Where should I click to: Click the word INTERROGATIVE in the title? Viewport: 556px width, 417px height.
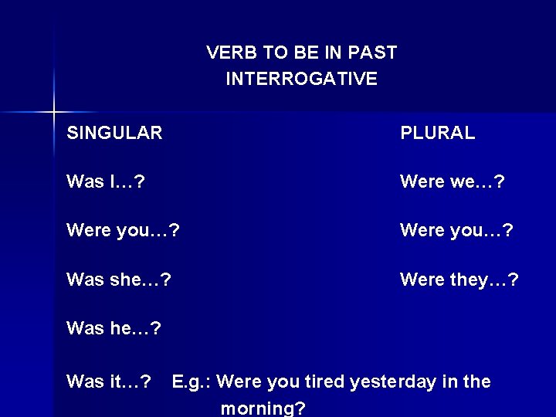pos(301,79)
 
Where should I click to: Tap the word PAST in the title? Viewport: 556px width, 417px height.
pos(371,53)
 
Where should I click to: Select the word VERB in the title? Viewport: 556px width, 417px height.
pos(230,53)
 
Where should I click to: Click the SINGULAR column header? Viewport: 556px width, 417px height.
pos(114,134)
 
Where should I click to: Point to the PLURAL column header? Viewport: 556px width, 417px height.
pos(437,134)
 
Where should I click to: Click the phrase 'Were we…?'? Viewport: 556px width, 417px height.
pos(453,182)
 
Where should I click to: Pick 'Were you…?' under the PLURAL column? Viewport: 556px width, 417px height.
pos(456,231)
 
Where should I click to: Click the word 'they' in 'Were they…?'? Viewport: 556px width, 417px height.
pos(470,280)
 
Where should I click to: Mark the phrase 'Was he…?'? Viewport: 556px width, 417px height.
pos(114,329)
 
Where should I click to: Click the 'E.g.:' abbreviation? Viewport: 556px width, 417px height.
pos(193,381)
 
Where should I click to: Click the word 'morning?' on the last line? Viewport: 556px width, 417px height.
pos(263,408)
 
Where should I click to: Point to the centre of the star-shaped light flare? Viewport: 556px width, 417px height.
pos(53,113)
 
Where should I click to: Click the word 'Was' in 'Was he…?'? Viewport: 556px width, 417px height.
pos(85,329)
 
